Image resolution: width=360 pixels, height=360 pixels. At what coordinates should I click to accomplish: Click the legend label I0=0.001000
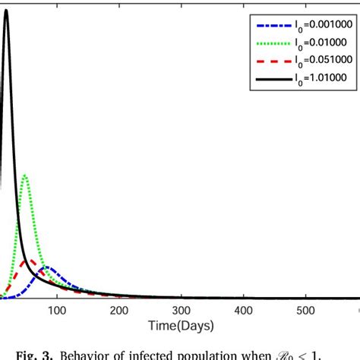(314, 24)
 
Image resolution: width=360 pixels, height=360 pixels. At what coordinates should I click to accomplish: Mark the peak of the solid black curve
(7, 10)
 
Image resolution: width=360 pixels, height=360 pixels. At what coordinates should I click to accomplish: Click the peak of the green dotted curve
(26, 175)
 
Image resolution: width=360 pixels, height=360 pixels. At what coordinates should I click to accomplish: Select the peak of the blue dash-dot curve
(47, 267)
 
